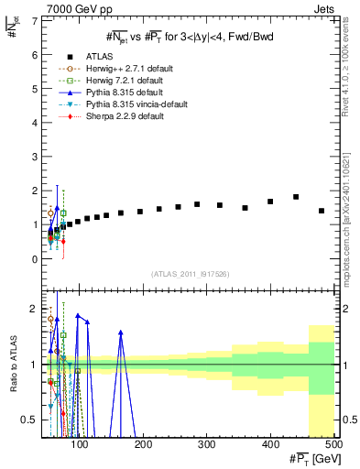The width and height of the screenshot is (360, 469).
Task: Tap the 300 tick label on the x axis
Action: coord(206,446)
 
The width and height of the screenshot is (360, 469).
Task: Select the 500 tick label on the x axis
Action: coord(333,446)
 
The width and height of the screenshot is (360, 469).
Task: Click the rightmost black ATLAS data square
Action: coord(321,211)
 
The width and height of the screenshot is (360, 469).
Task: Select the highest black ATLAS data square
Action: coord(296,197)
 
